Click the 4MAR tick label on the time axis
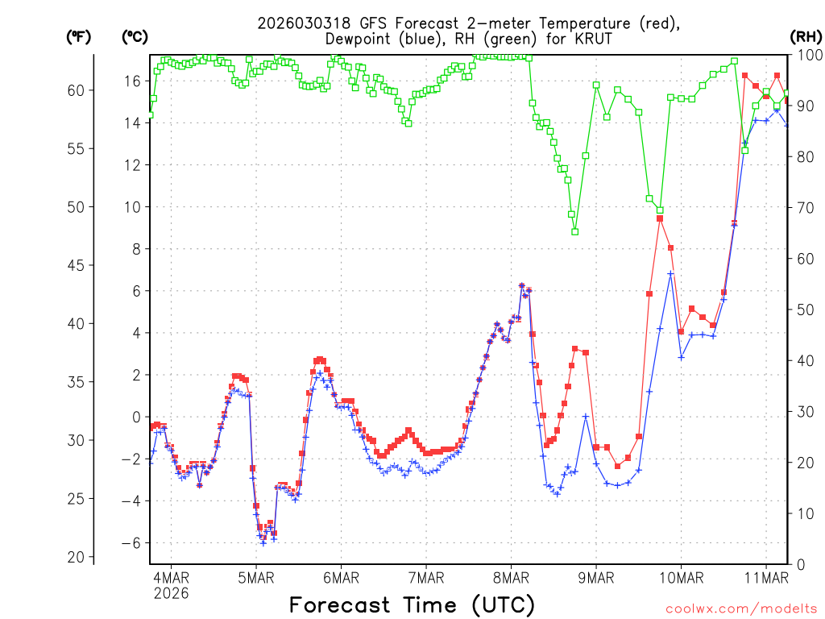click(171, 577)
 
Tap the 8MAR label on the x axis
click(511, 577)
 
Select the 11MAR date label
click(765, 577)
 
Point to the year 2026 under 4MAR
click(171, 593)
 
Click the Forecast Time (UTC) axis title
click(412, 604)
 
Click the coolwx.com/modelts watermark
click(740, 607)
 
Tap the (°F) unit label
click(78, 36)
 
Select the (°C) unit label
click(135, 36)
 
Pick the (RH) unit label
click(805, 36)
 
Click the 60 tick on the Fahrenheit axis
click(76, 90)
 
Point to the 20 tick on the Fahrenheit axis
click(76, 557)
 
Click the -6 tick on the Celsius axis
click(129, 543)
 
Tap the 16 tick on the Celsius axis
click(132, 81)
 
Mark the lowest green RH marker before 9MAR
click(574, 231)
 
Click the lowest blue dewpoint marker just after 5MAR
click(263, 543)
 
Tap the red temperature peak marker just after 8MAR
click(521, 285)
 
